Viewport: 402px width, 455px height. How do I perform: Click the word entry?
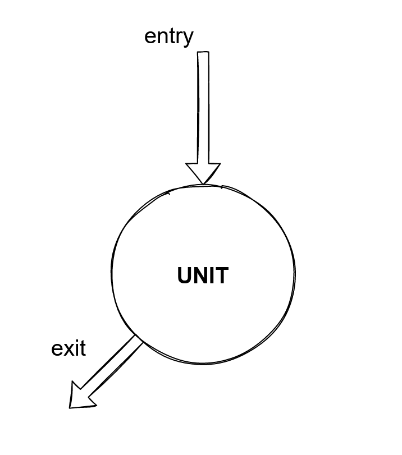pos(168,36)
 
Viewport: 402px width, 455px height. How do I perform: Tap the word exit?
pos(68,348)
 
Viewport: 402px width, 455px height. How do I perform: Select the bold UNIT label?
pos(203,276)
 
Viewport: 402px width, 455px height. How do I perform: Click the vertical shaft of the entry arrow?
pos(203,107)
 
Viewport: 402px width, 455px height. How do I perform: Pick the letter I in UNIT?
pos(213,276)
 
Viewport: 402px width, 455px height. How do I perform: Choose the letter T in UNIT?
pos(222,276)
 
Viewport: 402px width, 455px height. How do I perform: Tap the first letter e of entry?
pos(150,37)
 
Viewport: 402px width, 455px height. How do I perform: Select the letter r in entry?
pos(179,37)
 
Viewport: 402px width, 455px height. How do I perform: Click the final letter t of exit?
pos(82,348)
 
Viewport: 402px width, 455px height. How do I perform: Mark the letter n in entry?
pos(162,37)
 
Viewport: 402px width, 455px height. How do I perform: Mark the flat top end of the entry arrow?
pos(203,53)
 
